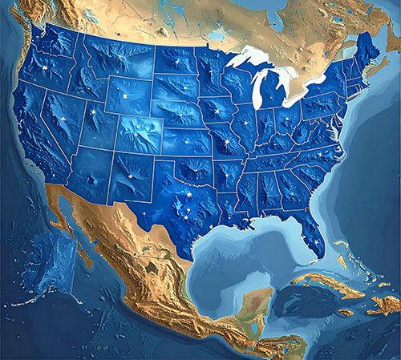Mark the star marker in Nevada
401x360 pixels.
pyautogui.click(x=60, y=117)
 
